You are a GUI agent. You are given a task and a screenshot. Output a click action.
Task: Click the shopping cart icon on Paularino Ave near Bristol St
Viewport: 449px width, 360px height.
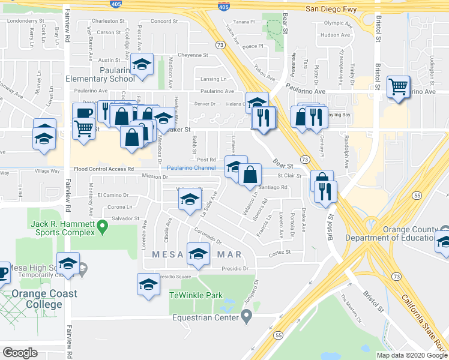click(x=399, y=86)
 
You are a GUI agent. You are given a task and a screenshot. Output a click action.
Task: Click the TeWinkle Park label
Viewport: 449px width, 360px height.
click(x=196, y=295)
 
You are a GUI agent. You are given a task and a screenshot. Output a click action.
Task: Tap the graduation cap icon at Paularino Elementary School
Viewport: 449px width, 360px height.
click(x=142, y=64)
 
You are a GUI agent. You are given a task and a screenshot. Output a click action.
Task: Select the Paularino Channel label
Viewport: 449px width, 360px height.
click(x=191, y=169)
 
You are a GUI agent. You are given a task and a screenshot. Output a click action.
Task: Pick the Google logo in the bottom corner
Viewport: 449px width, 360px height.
click(x=20, y=352)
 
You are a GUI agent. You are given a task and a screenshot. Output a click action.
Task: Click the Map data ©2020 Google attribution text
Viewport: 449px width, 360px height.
click(x=411, y=355)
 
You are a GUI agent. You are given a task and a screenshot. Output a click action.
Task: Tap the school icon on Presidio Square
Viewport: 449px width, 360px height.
click(x=148, y=284)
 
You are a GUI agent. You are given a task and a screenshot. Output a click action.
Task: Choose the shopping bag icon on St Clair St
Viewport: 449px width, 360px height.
click(x=250, y=174)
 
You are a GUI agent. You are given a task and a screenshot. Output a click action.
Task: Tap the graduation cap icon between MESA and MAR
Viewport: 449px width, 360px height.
click(x=198, y=253)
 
